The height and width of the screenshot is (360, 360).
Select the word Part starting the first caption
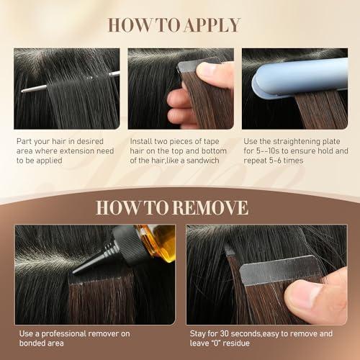click(22, 142)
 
